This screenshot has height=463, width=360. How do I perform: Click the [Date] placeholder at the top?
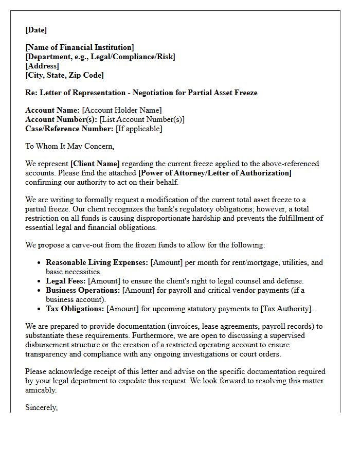(x=36, y=30)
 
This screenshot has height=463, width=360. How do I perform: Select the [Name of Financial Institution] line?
(x=80, y=47)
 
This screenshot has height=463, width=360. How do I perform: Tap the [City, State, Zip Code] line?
(x=64, y=75)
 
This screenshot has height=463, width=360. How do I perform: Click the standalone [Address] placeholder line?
(x=42, y=66)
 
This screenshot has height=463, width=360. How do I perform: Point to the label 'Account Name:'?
(x=52, y=110)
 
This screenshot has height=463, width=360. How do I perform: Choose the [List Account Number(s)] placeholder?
(x=142, y=119)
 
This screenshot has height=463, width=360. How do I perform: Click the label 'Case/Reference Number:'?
(x=69, y=129)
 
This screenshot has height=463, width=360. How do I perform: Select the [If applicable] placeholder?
(x=139, y=129)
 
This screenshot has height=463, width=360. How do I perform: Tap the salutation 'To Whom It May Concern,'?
(x=70, y=146)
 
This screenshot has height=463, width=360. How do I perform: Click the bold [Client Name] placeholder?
(x=95, y=164)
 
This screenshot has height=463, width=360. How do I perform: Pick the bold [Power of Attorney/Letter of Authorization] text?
(x=215, y=173)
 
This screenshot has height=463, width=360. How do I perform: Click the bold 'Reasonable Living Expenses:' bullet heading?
(x=97, y=262)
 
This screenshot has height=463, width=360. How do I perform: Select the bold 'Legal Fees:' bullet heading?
(x=66, y=281)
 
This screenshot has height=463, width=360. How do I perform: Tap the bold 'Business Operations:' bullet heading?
(x=83, y=290)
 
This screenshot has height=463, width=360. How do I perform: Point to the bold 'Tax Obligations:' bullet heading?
(x=75, y=309)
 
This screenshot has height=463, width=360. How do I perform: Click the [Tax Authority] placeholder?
(x=286, y=309)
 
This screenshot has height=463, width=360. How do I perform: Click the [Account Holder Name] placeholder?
(x=122, y=110)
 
